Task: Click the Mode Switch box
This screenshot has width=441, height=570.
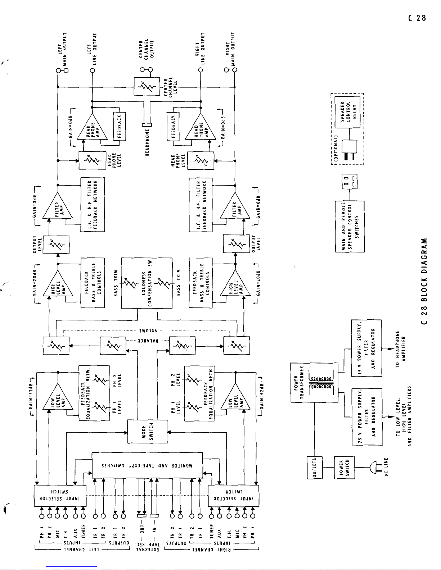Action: coord(147,432)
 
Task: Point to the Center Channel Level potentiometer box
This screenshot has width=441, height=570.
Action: coord(147,86)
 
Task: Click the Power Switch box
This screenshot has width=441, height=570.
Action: coord(344,468)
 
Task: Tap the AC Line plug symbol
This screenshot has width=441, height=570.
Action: coord(374,468)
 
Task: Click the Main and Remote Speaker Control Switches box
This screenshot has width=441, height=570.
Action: coord(349,227)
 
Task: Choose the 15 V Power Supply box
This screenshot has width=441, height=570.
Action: coord(366,348)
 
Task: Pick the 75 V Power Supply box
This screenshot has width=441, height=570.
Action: coord(366,416)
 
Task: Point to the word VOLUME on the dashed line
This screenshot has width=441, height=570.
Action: coord(147,330)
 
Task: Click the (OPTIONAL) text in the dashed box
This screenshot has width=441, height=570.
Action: coord(336,147)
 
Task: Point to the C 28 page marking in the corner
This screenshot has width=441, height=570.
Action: coord(417,18)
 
